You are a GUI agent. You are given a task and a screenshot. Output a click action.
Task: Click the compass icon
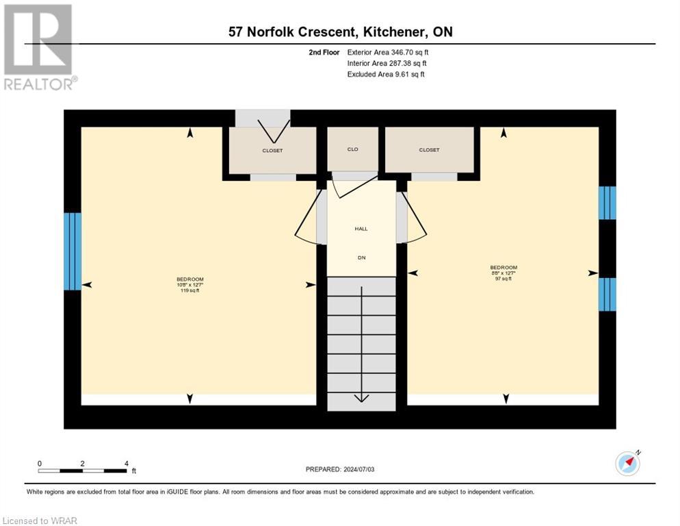coord(627,463)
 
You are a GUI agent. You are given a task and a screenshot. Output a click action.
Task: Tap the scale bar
coord(82,471)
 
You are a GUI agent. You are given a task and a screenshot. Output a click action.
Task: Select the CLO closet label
coord(352,149)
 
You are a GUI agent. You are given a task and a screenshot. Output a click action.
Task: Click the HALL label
coord(361,229)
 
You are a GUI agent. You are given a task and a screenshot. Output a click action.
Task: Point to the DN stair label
coord(361,258)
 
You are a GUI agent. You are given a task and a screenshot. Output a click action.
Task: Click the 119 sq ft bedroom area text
coord(190,290)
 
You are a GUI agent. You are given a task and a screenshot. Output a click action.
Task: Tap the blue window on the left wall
coord(73,251)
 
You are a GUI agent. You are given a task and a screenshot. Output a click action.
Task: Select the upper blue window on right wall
coord(607,203)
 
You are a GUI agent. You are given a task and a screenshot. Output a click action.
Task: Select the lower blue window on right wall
coord(607,295)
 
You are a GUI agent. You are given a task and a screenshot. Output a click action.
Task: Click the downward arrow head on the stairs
coord(361,399)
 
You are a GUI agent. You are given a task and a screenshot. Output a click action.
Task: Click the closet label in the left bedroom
coord(272,151)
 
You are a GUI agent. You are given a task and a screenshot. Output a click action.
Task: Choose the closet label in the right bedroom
coord(429,150)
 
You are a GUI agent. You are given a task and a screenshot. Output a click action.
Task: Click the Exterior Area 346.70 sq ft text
coord(388,52)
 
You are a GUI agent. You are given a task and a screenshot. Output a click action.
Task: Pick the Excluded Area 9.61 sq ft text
coord(386,74)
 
